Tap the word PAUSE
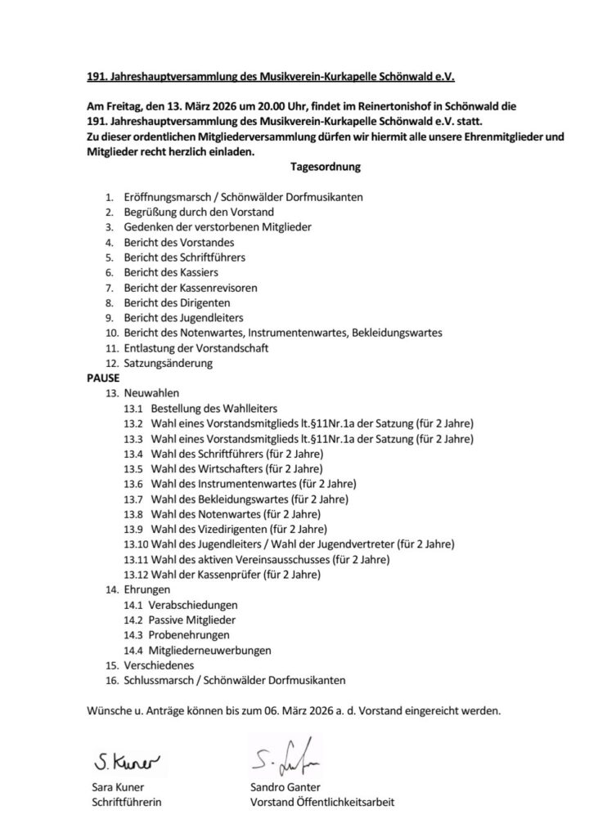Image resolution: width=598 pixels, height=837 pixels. tap(103, 378)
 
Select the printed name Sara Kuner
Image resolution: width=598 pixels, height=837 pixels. tap(118, 787)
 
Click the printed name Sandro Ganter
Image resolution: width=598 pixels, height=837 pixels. tap(286, 787)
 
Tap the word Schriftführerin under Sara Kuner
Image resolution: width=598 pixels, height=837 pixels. tap(126, 803)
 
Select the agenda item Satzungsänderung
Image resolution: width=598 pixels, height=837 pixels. tap(168, 363)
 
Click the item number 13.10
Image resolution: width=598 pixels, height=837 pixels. tap(136, 544)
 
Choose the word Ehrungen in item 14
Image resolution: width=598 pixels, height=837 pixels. tap(147, 589)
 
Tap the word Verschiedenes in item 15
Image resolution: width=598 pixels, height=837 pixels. tap(159, 665)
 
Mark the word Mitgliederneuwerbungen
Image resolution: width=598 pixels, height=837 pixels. tap(210, 651)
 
